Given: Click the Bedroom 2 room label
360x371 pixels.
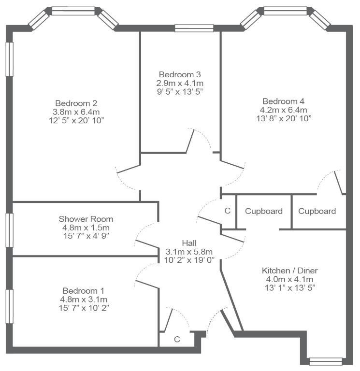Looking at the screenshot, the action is [x=76, y=103].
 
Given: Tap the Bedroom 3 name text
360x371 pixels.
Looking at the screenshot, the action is [x=180, y=74].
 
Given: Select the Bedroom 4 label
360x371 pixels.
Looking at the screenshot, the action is [x=284, y=101].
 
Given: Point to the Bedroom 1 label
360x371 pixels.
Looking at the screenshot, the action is [x=84, y=290].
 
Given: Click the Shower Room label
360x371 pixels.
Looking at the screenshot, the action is [x=86, y=219].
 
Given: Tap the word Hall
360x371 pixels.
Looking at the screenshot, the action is [x=189, y=243].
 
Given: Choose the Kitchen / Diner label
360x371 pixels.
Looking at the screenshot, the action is [x=290, y=271].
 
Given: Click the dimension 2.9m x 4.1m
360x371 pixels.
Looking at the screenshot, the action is [x=180, y=83].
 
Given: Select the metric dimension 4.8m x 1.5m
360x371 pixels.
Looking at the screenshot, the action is [x=86, y=228].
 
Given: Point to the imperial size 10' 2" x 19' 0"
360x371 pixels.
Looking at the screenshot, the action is [x=189, y=260].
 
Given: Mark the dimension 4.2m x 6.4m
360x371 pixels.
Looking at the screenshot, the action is [x=284, y=110].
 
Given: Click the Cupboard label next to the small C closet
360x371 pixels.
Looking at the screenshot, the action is [x=264, y=211].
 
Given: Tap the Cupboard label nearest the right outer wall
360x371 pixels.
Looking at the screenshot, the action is [x=317, y=211].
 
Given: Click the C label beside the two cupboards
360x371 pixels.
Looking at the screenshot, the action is [x=228, y=211].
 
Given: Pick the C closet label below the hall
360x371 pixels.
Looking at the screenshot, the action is [x=177, y=339].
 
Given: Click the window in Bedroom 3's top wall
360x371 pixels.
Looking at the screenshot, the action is [x=194, y=28].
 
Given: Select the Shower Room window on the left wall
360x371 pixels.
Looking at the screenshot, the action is [x=10, y=230].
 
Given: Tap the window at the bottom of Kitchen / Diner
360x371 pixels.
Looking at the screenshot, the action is [x=326, y=361].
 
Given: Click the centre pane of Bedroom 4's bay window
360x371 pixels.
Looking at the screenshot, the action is [x=285, y=11].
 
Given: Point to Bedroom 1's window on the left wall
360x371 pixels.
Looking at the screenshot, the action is [x=10, y=306].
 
